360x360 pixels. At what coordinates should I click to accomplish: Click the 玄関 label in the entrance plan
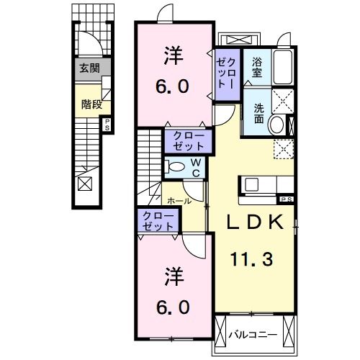click(x=90, y=69)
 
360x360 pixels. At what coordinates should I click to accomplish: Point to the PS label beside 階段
click(x=108, y=125)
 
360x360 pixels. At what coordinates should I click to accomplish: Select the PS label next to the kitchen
click(x=286, y=199)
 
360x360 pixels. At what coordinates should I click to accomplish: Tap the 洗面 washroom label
click(x=258, y=113)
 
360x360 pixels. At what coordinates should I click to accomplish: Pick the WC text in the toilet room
click(x=195, y=168)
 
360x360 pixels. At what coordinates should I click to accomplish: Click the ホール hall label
click(x=179, y=201)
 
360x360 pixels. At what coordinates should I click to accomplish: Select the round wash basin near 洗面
click(x=276, y=125)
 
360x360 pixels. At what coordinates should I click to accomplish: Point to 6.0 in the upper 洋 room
click(x=174, y=86)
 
